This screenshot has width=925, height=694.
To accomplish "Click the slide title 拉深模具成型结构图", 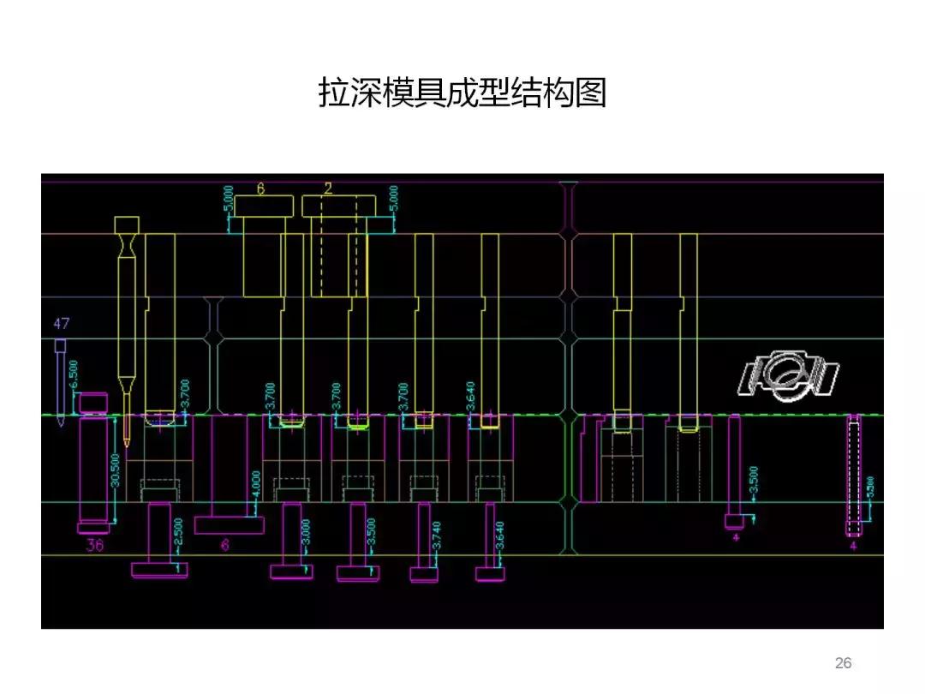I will (462, 93).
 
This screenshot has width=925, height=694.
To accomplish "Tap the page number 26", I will (843, 662).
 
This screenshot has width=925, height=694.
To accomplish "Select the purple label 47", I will (61, 324).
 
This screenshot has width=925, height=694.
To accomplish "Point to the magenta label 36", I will (94, 545).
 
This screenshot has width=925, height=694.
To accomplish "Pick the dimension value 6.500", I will (75, 373).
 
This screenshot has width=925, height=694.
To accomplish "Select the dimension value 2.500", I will (179, 534).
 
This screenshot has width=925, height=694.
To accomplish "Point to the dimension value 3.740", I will (438, 535).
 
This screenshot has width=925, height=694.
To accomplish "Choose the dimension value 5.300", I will (871, 491).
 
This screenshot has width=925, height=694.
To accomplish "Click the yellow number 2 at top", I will (328, 186).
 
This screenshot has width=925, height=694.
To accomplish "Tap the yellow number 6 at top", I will (260, 186).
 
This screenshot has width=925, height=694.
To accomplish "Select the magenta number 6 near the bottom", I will (225, 545).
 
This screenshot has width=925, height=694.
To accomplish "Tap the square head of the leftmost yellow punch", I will (127, 225).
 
